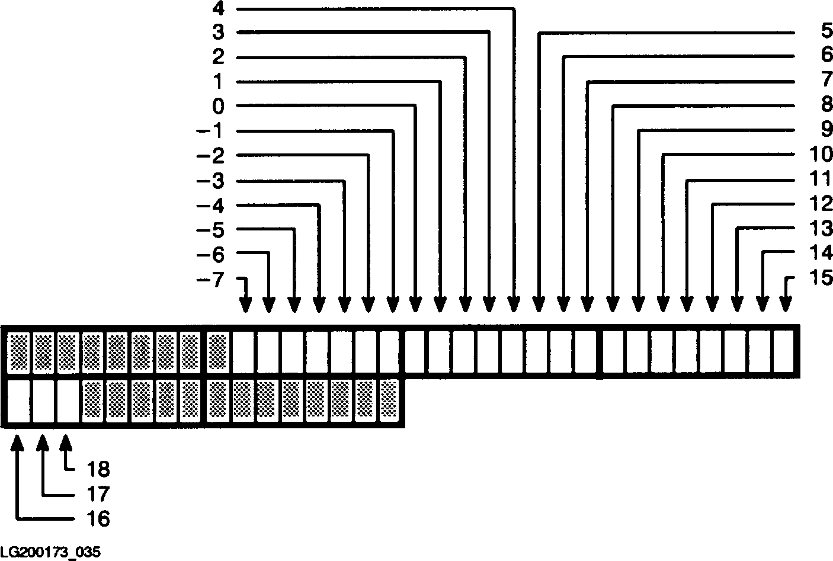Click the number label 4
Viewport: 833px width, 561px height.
[218, 9]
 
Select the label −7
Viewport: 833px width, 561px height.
[210, 280]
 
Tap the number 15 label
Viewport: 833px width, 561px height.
[821, 278]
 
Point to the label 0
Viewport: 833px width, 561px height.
[218, 107]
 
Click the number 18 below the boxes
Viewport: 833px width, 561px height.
[98, 469]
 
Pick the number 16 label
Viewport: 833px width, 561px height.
[98, 520]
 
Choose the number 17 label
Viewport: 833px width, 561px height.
[98, 494]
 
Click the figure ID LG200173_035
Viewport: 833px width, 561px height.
[50, 552]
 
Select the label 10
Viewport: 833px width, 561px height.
[821, 155]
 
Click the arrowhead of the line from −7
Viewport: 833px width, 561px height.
[245, 304]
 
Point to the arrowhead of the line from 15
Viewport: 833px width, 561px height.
[786, 304]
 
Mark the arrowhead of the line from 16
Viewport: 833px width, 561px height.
[19, 442]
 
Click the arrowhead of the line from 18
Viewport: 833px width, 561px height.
[66, 442]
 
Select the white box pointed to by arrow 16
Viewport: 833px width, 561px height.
[19, 402]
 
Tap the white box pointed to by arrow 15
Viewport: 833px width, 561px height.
[783, 350]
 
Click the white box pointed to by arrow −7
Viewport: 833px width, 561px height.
[243, 350]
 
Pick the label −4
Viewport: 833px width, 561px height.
[210, 206]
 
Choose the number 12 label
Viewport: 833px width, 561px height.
[821, 205]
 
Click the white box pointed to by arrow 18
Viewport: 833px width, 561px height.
[68, 402]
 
